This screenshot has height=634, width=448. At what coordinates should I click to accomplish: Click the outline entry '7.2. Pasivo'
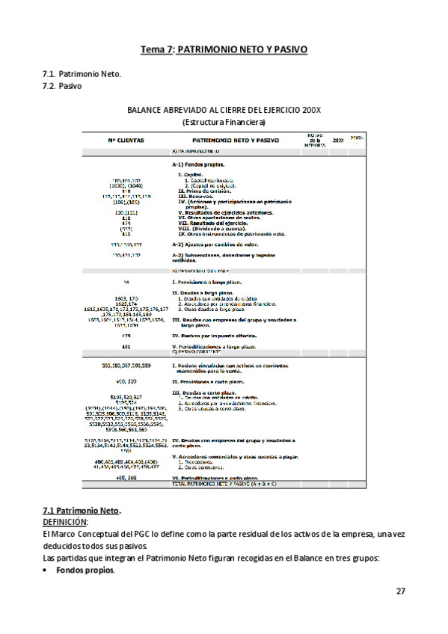(x=62, y=86)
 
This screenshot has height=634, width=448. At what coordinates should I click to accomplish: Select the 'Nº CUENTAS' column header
(x=126, y=140)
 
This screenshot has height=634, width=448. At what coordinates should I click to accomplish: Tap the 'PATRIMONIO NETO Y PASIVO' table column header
(x=234, y=140)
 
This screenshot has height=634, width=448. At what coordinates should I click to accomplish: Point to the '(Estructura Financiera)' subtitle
(x=224, y=122)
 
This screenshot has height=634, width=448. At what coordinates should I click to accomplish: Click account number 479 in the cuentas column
(x=126, y=336)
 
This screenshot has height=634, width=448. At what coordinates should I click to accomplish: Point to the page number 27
(x=401, y=591)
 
